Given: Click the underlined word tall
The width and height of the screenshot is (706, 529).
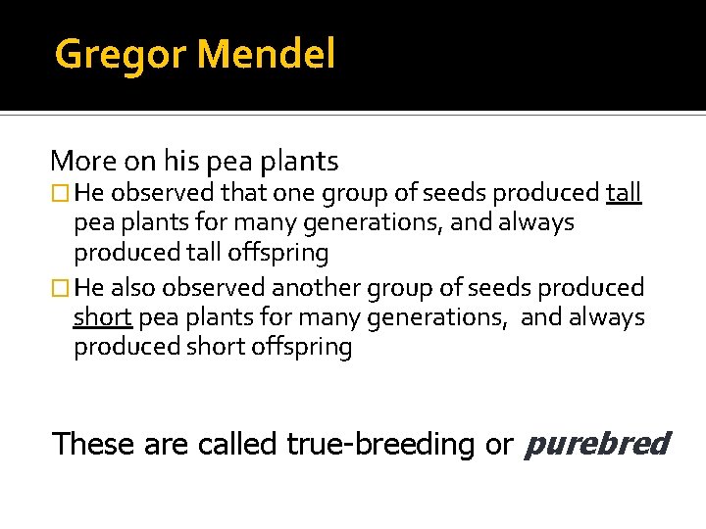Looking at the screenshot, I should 624,192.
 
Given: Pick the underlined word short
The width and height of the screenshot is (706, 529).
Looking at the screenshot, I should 103,317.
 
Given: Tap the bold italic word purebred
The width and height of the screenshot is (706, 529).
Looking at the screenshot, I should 597,444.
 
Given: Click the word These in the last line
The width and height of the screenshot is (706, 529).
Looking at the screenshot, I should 94,444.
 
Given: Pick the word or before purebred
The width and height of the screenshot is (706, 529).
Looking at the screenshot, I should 498,444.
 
